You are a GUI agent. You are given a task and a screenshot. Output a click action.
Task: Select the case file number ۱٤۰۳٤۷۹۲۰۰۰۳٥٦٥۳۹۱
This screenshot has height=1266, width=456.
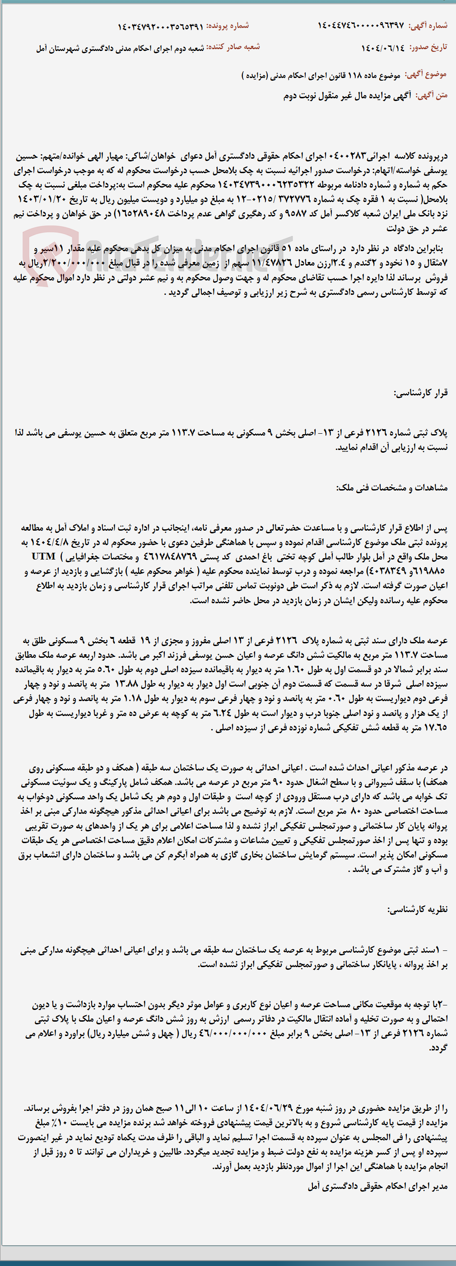(160, 26)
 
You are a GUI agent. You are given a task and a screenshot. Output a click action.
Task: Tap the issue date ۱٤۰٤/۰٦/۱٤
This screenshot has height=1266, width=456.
(383, 48)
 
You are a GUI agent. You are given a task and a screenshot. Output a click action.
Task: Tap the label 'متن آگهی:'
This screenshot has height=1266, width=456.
(432, 95)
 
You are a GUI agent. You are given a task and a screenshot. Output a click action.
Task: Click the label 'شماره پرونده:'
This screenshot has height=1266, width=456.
(227, 26)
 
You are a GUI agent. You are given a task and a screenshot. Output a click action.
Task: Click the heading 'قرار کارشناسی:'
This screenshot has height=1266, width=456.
(421, 393)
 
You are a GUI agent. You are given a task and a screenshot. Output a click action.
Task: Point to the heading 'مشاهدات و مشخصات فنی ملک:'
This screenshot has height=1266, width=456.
(391, 487)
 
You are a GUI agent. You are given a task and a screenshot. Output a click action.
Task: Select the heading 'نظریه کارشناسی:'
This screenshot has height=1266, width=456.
(418, 909)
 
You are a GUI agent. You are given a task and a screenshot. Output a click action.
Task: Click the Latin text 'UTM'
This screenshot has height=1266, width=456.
(44, 556)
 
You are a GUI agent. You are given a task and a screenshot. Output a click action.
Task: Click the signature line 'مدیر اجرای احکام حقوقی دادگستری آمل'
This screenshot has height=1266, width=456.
(378, 1186)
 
